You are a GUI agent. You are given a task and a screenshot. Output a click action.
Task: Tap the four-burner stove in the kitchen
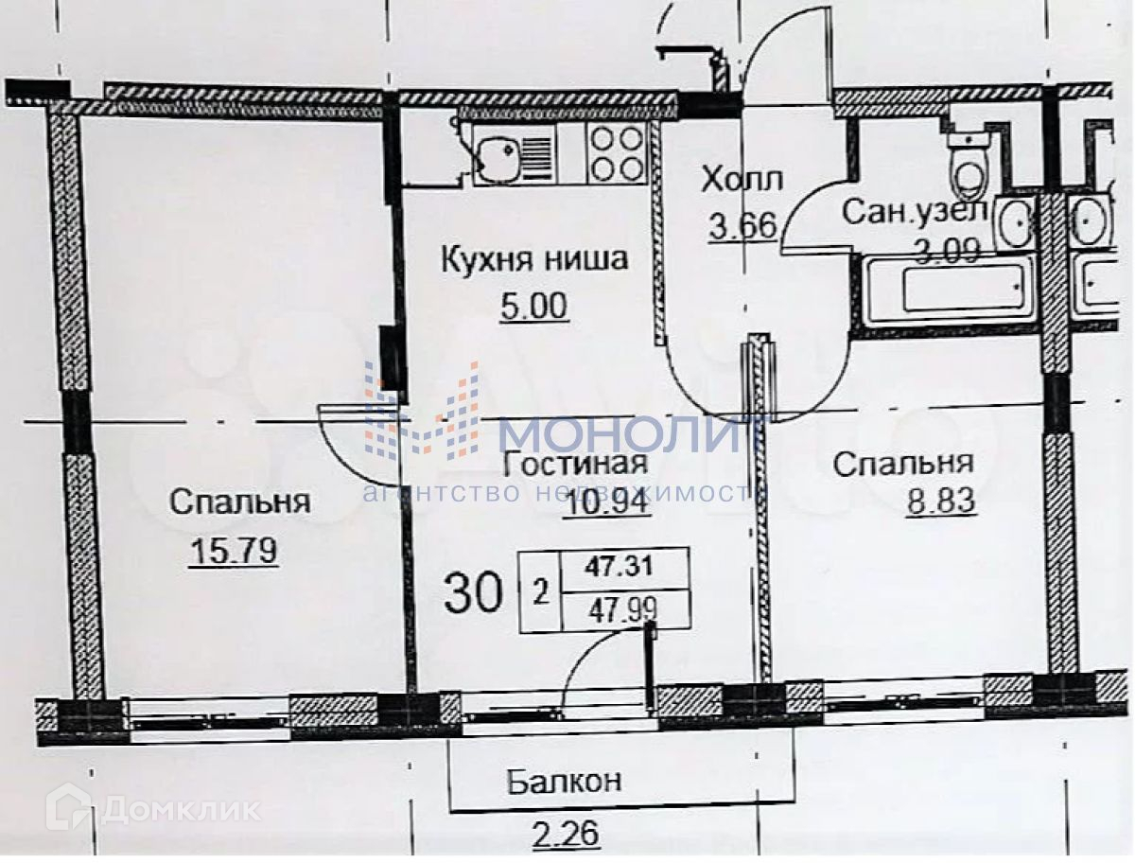point(616,153)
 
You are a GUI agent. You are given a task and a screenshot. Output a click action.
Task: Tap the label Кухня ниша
point(533,258)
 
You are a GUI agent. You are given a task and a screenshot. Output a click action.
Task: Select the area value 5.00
point(534,307)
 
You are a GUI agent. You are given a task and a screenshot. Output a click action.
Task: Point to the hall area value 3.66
point(742,226)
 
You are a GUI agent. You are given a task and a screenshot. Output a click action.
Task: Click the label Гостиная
point(575,463)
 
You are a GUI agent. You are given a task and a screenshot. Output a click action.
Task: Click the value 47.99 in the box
point(624,609)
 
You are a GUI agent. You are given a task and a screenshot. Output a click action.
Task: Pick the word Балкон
point(564,782)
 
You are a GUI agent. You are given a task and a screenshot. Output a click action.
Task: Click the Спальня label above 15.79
point(239,502)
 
